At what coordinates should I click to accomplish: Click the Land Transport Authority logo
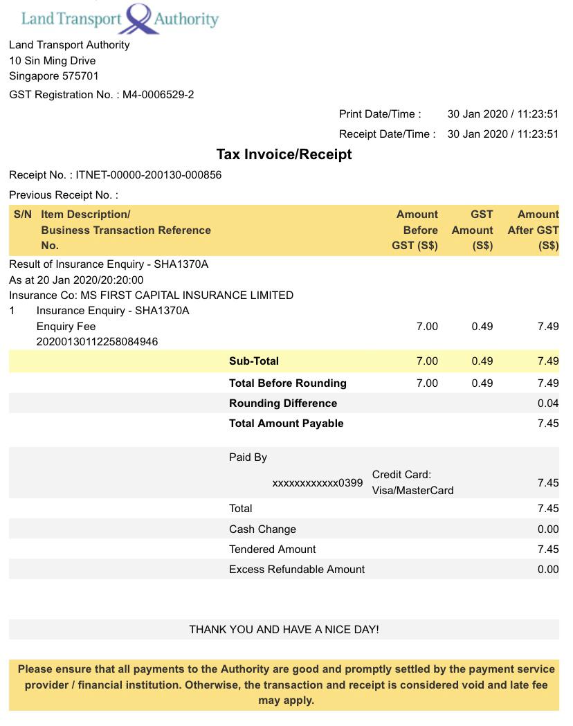(x=120, y=18)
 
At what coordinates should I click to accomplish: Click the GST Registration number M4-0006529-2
(x=158, y=95)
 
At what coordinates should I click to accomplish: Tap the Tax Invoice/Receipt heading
(x=284, y=154)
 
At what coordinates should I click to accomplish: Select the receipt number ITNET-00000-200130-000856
(x=148, y=175)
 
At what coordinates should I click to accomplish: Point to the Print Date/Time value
(x=502, y=114)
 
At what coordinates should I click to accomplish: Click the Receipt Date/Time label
(x=387, y=134)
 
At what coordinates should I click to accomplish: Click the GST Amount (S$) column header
(x=473, y=230)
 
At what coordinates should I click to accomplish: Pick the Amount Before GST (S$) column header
(x=415, y=230)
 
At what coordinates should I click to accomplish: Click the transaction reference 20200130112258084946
(x=97, y=342)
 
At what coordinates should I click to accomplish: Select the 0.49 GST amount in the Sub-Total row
(x=482, y=361)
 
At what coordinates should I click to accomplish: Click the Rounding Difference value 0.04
(x=547, y=403)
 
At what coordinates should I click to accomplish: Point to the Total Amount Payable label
(x=286, y=424)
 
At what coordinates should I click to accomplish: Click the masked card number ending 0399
(x=317, y=483)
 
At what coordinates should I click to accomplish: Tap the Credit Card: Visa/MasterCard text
(x=412, y=482)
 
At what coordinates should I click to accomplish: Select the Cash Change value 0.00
(x=547, y=529)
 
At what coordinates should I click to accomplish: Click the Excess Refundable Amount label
(x=297, y=570)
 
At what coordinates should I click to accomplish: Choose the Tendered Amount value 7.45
(x=547, y=550)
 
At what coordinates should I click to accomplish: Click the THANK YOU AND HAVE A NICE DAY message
(x=284, y=630)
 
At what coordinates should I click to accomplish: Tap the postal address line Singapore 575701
(x=54, y=76)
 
